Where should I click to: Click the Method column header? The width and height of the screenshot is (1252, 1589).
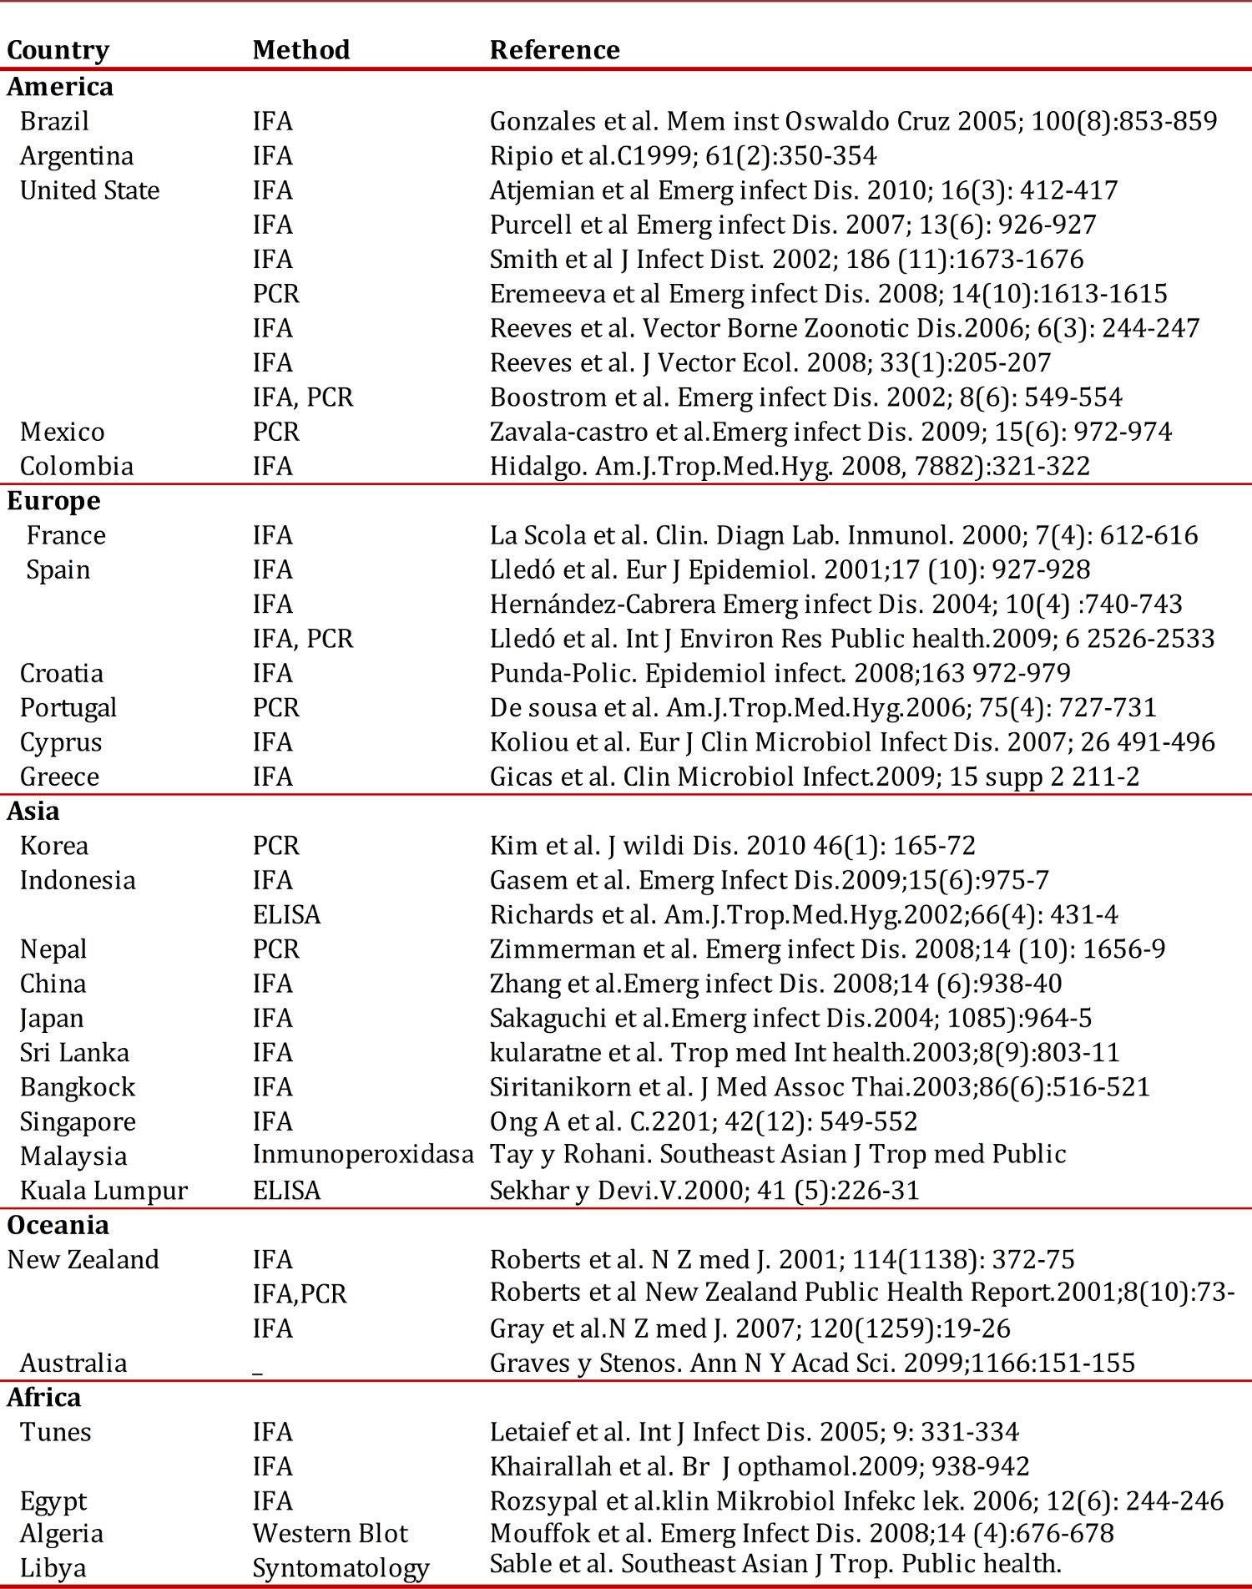(301, 50)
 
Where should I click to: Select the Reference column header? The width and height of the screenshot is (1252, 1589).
(554, 50)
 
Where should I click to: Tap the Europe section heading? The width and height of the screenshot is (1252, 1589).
(53, 501)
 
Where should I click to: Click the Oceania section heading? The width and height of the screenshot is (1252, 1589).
(58, 1225)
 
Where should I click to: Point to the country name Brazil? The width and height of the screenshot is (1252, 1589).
(54, 122)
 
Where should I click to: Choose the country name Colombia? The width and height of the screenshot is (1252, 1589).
(77, 466)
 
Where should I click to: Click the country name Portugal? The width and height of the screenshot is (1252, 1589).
(68, 708)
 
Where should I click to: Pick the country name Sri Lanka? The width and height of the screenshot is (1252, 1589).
(74, 1053)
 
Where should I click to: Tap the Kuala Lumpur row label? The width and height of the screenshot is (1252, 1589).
(103, 1191)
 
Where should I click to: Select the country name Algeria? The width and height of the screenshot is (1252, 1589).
(62, 1534)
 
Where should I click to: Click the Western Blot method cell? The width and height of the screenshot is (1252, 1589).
(331, 1534)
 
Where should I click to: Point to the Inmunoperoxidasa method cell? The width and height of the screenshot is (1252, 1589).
(363, 1155)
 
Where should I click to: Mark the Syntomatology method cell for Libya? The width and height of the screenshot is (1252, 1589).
(341, 1568)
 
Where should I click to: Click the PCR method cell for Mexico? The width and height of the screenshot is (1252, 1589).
(275, 432)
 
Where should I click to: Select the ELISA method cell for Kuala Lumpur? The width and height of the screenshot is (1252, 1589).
(286, 1191)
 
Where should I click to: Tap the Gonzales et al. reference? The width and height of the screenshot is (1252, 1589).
(853, 122)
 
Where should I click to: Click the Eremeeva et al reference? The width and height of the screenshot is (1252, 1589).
(828, 294)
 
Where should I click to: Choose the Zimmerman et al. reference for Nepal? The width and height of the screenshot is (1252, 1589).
(827, 949)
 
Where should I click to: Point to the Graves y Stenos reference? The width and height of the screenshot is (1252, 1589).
(812, 1364)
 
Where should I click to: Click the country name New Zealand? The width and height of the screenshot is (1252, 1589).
(83, 1260)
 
